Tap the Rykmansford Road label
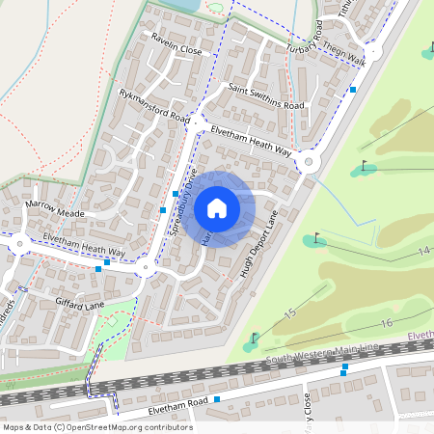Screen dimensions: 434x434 [x=154, y=104]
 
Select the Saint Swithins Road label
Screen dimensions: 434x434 [x=266, y=96]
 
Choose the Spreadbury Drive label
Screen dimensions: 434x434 [x=181, y=204]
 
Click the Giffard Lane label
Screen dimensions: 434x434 [x=80, y=305]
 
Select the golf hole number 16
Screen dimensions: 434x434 [x=387, y=322]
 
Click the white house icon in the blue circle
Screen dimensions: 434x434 [x=217, y=208]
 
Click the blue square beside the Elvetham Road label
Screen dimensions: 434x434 [x=218, y=398]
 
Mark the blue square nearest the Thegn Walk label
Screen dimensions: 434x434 [x=354, y=89]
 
